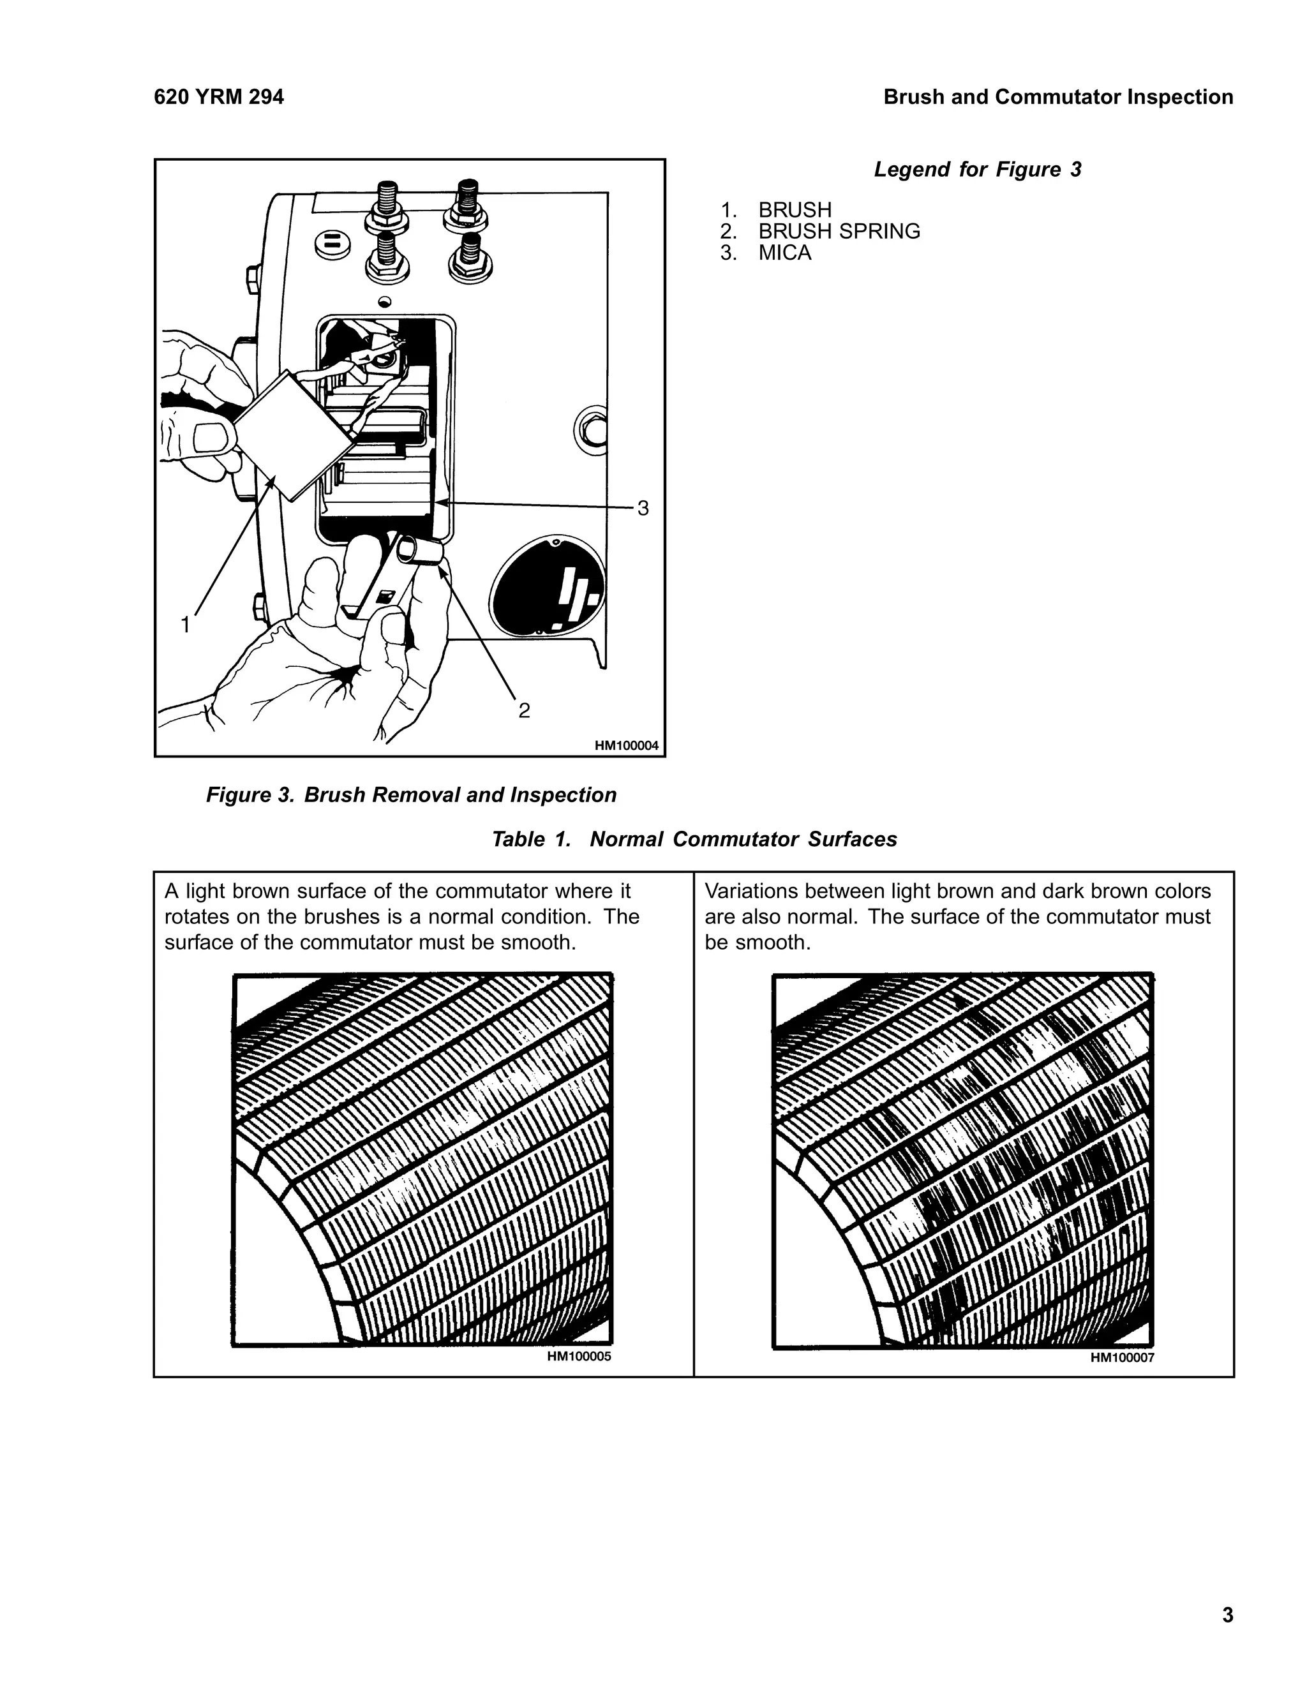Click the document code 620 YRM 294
coord(219,98)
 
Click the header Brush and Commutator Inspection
coord(1057,98)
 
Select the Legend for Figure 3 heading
coord(977,170)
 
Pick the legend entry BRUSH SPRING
coord(839,232)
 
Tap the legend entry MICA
coord(784,253)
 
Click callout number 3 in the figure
coord(643,509)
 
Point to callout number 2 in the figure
coord(524,711)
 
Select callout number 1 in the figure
coord(186,624)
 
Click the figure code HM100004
coord(627,745)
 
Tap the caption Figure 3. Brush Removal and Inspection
coord(411,795)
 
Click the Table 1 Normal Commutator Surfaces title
coord(694,839)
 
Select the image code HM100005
coord(578,1357)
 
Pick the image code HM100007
coord(1122,1357)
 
